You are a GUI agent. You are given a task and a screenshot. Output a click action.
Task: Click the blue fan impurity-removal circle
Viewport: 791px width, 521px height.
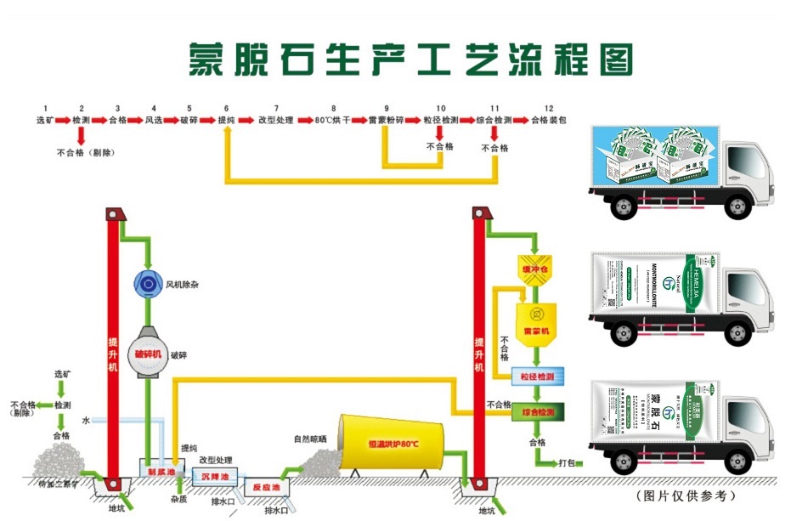coord(149,283)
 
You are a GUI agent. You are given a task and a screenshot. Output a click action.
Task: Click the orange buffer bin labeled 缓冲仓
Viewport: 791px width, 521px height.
coord(536,270)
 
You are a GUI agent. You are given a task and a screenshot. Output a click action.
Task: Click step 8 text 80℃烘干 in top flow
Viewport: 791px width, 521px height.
coord(332,121)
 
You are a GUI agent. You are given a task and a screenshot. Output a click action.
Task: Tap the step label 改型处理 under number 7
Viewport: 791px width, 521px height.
coord(275,121)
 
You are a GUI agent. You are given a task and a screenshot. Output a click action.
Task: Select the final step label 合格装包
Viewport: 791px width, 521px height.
coord(548,121)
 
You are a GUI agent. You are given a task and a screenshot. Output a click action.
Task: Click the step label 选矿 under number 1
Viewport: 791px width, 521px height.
coord(45,121)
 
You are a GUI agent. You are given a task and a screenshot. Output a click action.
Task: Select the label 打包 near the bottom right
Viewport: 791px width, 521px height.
coord(567,464)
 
